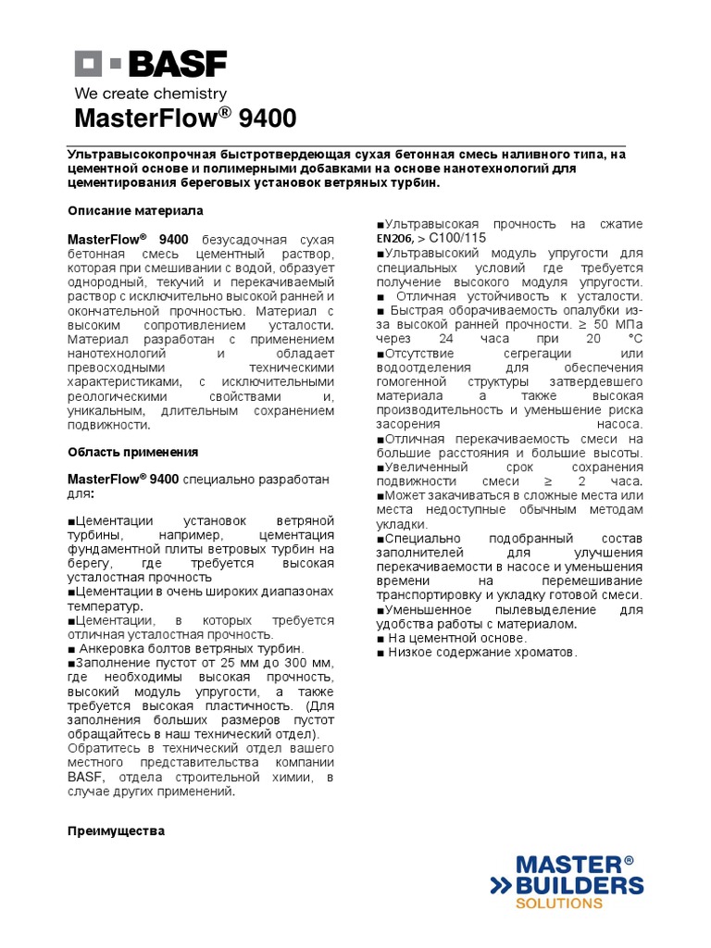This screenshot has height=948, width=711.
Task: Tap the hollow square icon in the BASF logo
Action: [x=87, y=64]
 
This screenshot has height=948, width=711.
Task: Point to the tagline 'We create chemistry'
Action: [x=150, y=94]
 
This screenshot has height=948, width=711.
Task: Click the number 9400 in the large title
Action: [x=268, y=119]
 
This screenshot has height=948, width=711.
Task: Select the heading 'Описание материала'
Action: [x=135, y=211]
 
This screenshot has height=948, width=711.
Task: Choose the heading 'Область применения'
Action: [x=133, y=452]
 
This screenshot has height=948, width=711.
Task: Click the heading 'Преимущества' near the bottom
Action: [x=116, y=831]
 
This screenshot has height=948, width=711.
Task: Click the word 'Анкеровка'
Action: [x=109, y=649]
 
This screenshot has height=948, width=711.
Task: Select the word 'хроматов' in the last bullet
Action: [x=546, y=653]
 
